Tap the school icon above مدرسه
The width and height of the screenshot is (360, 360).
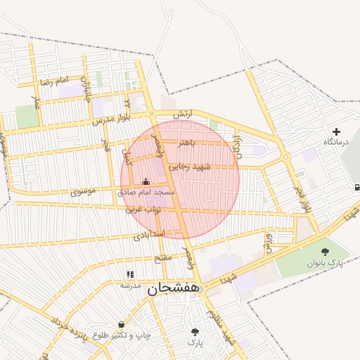coord(129,274)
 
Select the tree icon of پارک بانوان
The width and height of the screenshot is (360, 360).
coord(324,252)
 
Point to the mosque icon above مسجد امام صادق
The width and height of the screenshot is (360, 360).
coord(146,181)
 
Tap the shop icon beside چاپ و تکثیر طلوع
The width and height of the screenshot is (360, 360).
coord(122,325)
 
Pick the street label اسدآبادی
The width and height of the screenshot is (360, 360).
coord(148,233)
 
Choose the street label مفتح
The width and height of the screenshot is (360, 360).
coord(162,257)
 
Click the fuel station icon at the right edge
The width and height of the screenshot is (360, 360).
coord(357,188)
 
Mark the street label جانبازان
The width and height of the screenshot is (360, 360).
coord(86,89)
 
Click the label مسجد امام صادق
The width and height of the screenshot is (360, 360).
coord(146,192)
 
